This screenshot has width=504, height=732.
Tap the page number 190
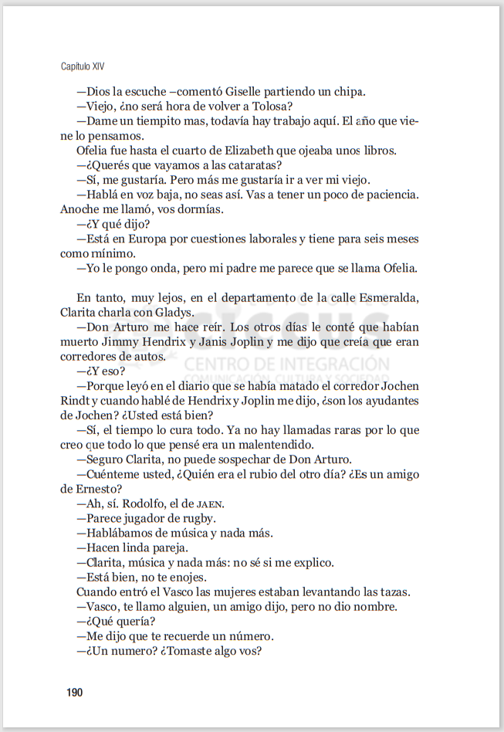click(74, 692)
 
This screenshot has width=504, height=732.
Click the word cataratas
click(252, 165)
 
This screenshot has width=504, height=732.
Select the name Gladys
click(172, 312)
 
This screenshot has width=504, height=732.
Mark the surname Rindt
click(76, 400)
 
